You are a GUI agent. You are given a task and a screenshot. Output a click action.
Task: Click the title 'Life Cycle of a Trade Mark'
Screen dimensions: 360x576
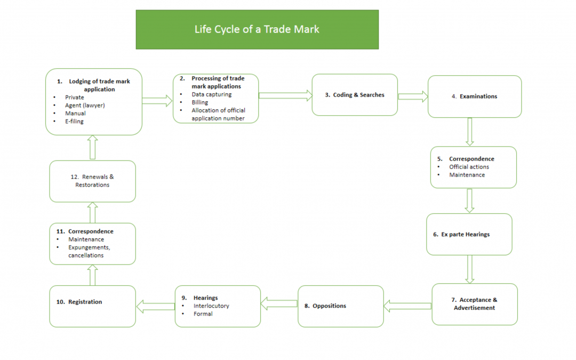coord(257,29)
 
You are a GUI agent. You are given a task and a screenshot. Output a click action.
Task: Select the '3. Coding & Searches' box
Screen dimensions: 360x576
coord(355,95)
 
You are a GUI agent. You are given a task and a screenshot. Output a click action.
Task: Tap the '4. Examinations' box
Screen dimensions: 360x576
coord(475,97)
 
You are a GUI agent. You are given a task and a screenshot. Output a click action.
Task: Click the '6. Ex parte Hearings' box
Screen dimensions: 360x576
coord(469,235)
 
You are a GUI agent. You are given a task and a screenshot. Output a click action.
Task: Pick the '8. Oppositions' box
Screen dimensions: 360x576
coord(340,306)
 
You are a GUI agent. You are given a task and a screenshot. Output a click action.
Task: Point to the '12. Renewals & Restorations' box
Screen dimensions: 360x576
coord(92,181)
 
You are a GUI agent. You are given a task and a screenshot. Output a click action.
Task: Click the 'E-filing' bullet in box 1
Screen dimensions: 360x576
coord(75,122)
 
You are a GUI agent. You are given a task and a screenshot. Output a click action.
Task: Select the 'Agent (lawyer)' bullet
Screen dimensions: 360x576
coord(85,106)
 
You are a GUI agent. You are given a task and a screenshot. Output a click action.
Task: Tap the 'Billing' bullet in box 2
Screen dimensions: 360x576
coord(200,102)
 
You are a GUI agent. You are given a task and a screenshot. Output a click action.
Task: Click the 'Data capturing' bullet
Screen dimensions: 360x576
coord(212,94)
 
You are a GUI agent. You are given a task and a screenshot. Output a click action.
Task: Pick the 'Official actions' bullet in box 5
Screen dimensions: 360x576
coord(469,167)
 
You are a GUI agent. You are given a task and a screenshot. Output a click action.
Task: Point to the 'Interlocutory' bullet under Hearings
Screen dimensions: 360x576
coord(211,306)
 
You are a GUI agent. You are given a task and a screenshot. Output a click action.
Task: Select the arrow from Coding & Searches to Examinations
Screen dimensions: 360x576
coord(413,97)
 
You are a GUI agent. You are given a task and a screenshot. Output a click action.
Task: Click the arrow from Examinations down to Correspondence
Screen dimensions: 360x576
coord(469,132)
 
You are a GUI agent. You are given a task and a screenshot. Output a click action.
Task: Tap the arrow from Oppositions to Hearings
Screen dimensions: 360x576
coord(279,303)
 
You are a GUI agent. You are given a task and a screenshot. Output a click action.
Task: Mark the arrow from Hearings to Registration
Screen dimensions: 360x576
coord(155,307)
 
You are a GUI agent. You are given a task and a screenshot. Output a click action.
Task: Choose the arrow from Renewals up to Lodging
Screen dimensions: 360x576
coord(92,147)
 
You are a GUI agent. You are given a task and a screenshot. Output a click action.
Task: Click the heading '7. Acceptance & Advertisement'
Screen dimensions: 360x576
coord(474,304)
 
